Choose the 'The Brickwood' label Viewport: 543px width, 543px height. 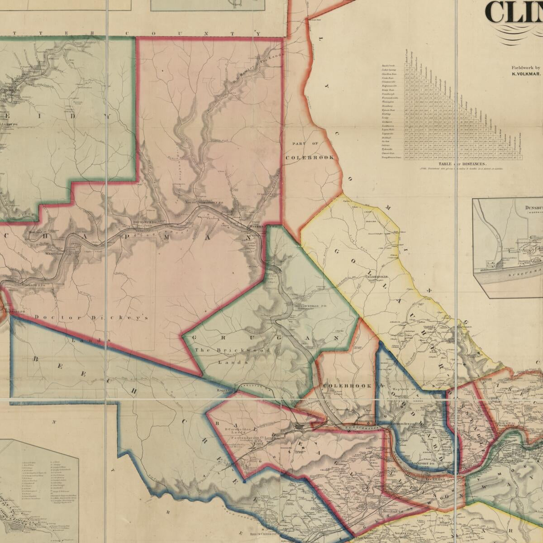(233, 350)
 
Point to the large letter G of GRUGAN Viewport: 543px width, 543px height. (194, 338)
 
